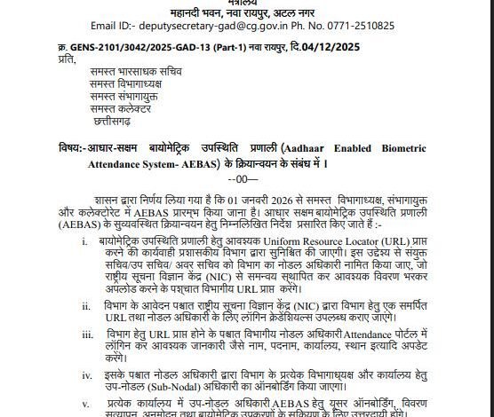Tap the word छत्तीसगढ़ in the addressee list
point(116,119)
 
